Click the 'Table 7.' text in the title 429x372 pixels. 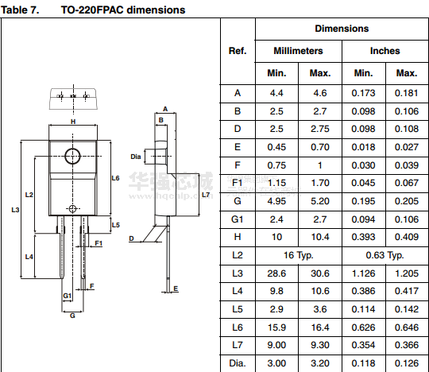click(20, 10)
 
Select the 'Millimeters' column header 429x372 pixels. click(298, 51)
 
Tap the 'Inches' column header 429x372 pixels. click(385, 51)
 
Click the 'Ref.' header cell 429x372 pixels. click(238, 51)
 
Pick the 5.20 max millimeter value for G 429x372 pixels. click(320, 201)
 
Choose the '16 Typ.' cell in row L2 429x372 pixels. click(298, 255)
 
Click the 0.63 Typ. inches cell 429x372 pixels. click(385, 255)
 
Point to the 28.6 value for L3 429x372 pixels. click(276, 273)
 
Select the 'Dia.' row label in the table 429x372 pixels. click(238, 363)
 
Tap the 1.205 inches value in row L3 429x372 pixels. click(407, 273)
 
